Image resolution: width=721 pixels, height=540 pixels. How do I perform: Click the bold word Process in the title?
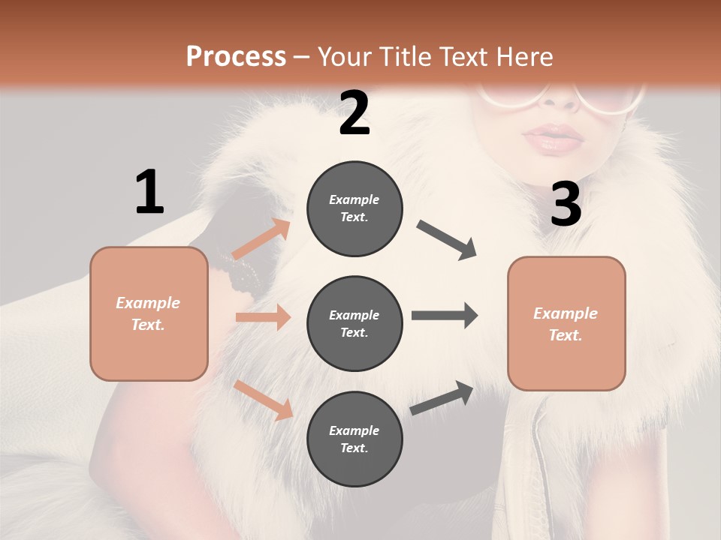(236, 56)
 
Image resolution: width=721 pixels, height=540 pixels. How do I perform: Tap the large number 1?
(149, 192)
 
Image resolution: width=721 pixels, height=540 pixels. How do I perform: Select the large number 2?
(354, 113)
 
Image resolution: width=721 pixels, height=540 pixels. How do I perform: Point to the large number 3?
(566, 205)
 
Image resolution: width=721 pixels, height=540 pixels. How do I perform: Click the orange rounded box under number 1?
(149, 313)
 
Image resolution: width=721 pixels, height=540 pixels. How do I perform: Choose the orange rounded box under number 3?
(566, 323)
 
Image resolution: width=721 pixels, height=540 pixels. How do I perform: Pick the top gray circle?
(354, 208)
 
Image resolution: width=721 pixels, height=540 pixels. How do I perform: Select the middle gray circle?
(354, 323)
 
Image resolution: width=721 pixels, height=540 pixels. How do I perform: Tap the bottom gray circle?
(354, 439)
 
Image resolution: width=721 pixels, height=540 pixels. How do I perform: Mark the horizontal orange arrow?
(263, 317)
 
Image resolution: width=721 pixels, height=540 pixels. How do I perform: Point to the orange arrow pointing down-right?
(263, 400)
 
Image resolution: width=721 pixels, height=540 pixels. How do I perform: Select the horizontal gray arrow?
(445, 316)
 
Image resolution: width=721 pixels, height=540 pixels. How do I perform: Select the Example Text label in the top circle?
(354, 208)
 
